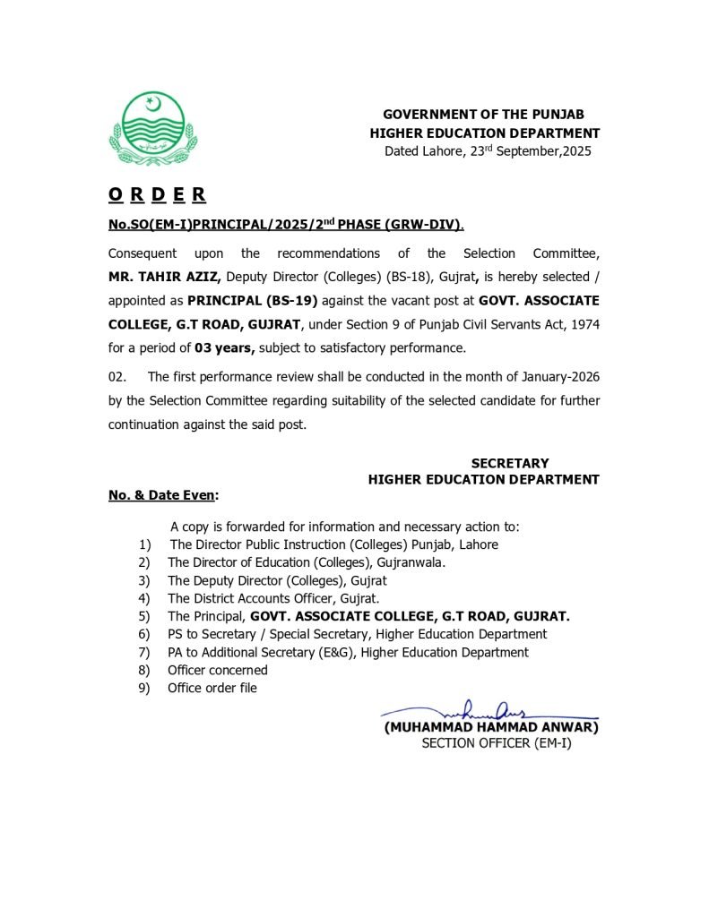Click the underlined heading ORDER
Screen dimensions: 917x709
(x=157, y=194)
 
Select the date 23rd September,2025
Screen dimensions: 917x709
(x=531, y=151)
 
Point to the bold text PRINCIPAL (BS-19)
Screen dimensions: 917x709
(x=253, y=301)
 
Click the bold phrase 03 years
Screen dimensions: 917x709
(x=224, y=347)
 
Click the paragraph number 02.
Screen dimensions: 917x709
(x=118, y=377)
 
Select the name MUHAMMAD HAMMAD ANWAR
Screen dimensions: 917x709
(x=491, y=727)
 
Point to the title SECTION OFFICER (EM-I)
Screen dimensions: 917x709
(x=497, y=744)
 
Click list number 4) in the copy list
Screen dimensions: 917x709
(x=144, y=598)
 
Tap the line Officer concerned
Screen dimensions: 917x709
(x=217, y=670)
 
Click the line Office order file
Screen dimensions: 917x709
(x=212, y=688)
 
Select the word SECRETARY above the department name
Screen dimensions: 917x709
(x=510, y=463)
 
